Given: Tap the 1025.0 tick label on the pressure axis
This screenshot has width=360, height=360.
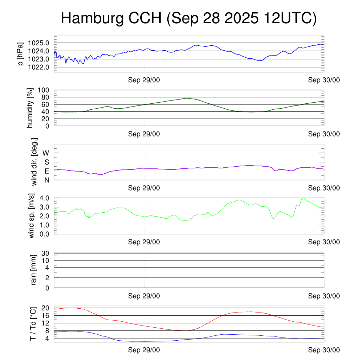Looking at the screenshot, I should tap(39, 43).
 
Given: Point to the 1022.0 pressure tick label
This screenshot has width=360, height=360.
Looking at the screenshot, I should tap(39, 67).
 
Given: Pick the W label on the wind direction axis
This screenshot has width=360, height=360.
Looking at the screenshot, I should tap(46, 153).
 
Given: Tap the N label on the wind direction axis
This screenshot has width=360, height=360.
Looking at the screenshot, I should tap(46, 180).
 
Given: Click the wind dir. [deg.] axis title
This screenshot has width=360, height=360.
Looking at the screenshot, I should tap(34, 162).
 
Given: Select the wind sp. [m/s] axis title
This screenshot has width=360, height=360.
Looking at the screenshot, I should tap(32, 216).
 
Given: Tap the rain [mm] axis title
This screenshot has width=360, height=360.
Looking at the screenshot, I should tap(34, 270).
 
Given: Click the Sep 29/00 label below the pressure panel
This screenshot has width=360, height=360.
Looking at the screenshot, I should tap(144, 80).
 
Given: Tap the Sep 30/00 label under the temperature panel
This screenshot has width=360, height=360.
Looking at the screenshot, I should tap(324, 350).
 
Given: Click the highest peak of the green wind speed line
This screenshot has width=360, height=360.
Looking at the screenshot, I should tap(303, 198).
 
